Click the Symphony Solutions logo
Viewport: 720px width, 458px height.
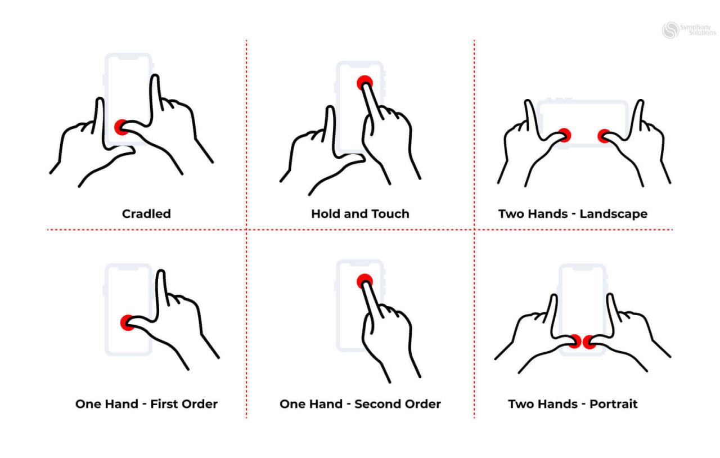click(x=688, y=30)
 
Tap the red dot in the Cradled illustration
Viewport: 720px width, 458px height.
click(x=121, y=127)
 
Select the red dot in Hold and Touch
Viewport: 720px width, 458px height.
click(x=364, y=83)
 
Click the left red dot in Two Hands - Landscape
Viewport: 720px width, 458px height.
click(x=564, y=135)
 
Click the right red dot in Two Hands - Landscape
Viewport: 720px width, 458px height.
click(x=604, y=136)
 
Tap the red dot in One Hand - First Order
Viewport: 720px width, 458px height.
click(x=128, y=322)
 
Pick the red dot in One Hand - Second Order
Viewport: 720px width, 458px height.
click(x=364, y=281)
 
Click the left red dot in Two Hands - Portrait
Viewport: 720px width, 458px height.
click(x=574, y=341)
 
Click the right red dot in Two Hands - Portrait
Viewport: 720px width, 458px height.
click(x=589, y=342)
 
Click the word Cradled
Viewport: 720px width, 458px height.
click(x=146, y=214)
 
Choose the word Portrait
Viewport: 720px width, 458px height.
click(x=614, y=404)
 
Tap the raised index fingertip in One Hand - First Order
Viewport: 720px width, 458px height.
click(x=161, y=274)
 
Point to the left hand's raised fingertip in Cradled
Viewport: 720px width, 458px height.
click(x=100, y=102)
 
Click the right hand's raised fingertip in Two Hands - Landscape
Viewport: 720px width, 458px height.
click(x=640, y=104)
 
